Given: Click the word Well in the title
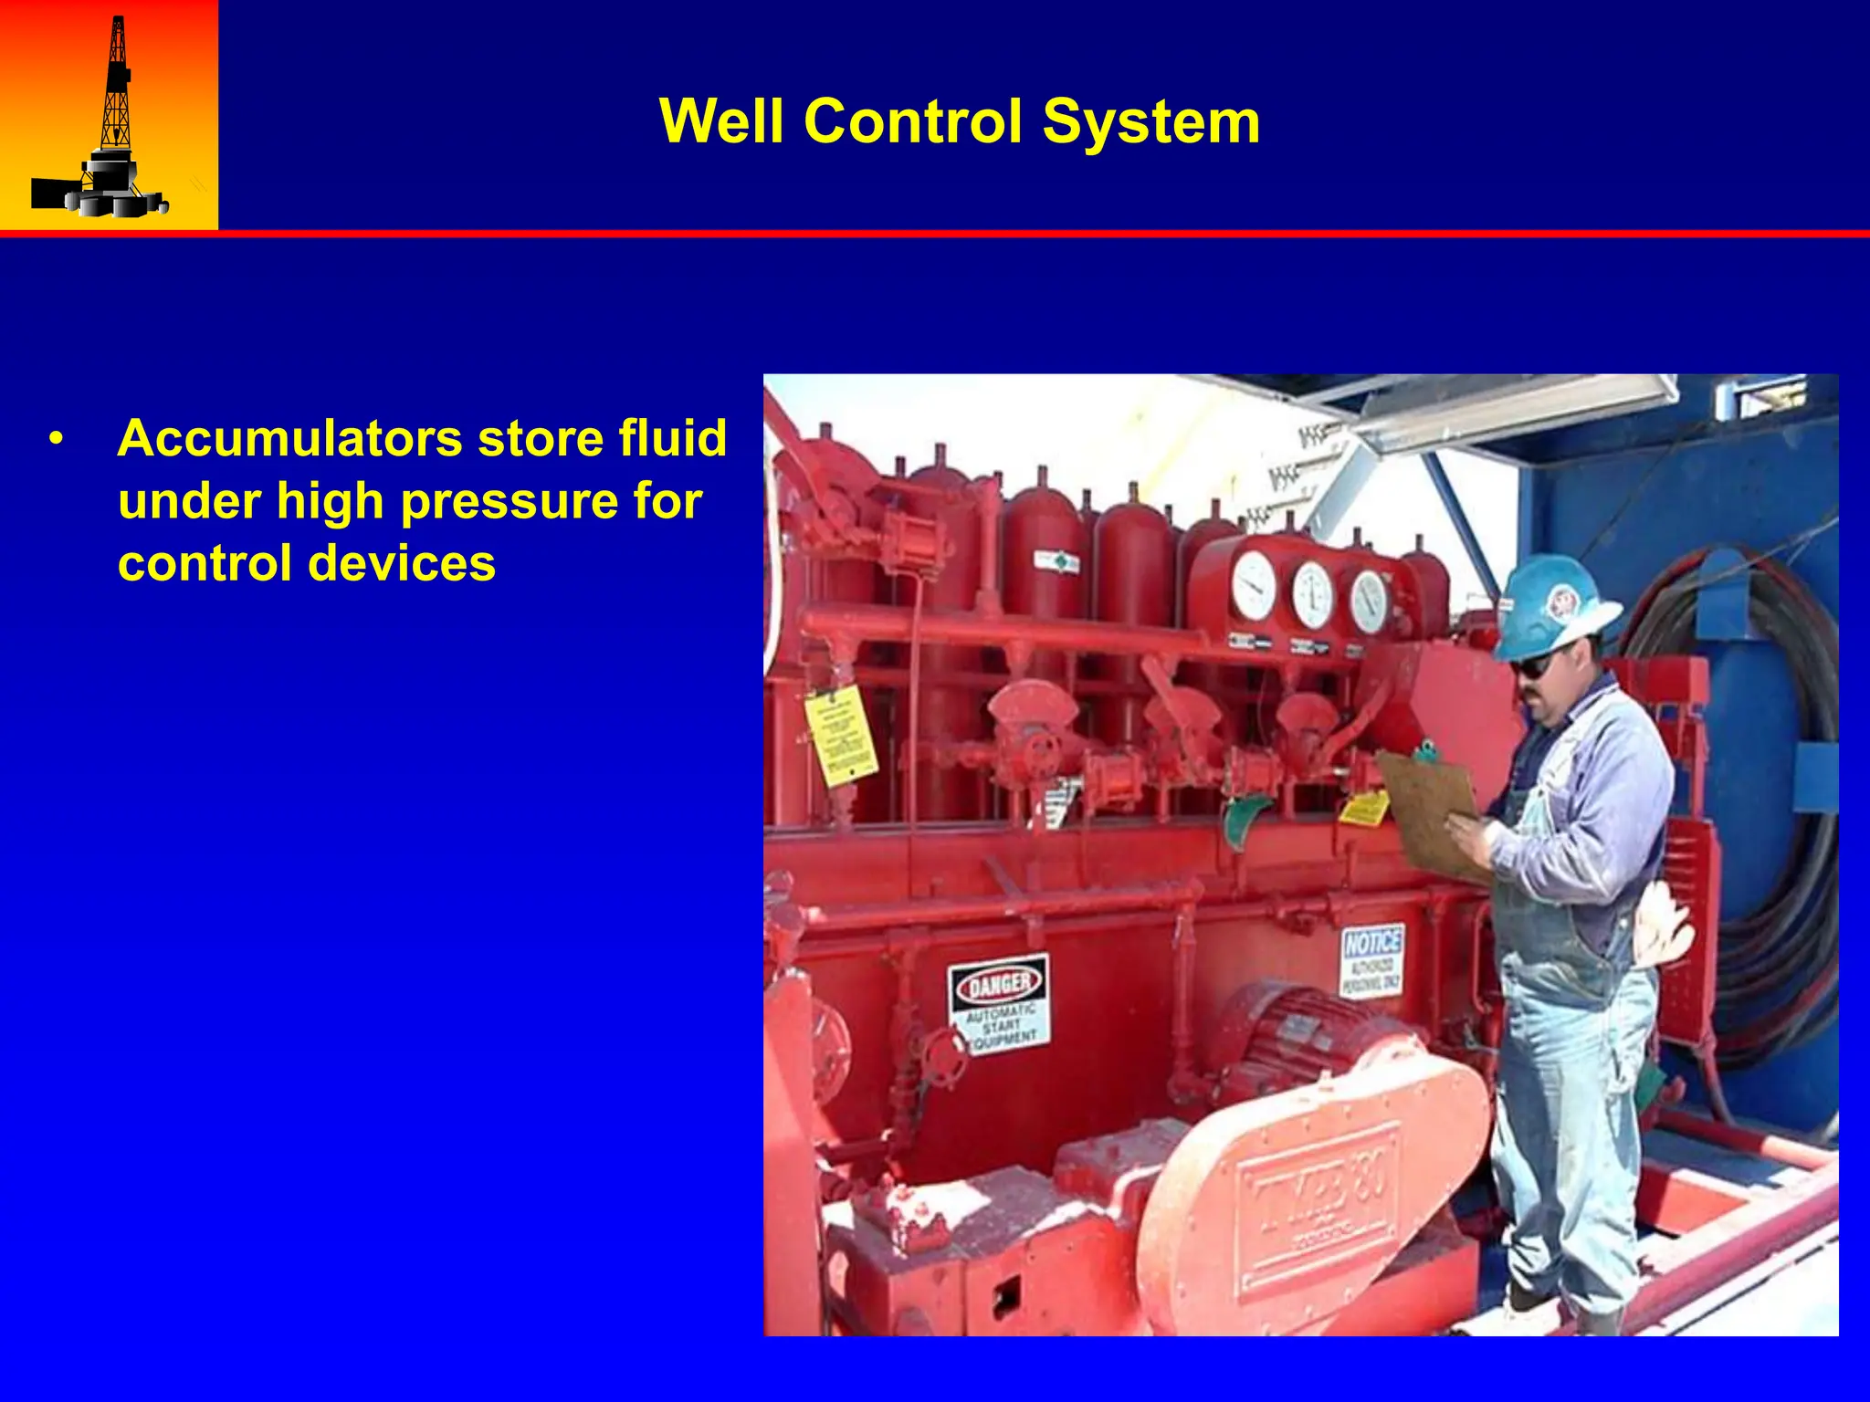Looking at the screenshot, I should (x=720, y=121).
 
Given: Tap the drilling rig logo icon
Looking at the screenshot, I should (x=108, y=119).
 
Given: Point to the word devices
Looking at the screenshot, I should (x=402, y=563).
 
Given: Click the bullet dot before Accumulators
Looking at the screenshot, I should (x=57, y=440).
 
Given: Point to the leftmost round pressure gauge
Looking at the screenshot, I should (x=1255, y=586).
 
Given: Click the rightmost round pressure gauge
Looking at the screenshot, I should (x=1369, y=601).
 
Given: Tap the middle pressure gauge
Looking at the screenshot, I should (x=1312, y=594).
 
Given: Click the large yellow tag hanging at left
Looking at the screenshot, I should (x=839, y=736).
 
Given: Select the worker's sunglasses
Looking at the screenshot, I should (x=1533, y=664).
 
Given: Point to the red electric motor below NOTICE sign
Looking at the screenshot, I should (x=1297, y=1031).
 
